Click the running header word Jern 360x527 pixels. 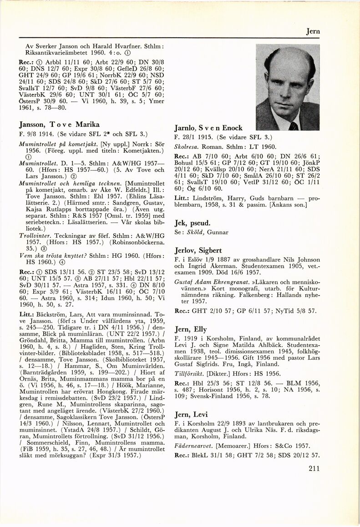312,31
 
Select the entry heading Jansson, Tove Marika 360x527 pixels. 59,124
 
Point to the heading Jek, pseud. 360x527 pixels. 193,223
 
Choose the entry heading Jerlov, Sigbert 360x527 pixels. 198,250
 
